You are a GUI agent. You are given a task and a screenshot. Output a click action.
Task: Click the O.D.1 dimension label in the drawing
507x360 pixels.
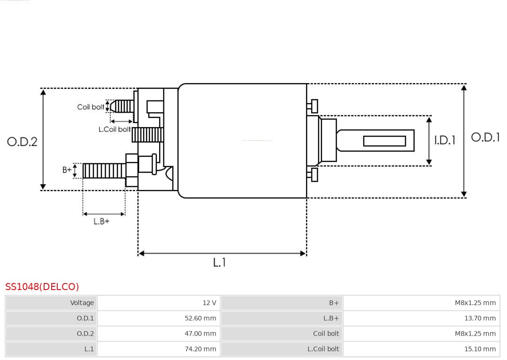click(485, 138)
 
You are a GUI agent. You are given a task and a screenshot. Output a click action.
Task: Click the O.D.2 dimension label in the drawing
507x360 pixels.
click(22, 142)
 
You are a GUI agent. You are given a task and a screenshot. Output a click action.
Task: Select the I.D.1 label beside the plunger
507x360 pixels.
click(444, 140)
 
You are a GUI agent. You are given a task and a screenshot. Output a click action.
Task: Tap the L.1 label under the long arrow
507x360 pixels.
click(219, 263)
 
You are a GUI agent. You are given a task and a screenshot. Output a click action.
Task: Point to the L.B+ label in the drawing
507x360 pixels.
click(101, 221)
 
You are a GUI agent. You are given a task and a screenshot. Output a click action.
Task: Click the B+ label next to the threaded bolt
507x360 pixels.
click(67, 170)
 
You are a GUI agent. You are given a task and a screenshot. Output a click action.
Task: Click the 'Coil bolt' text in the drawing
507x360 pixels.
click(91, 107)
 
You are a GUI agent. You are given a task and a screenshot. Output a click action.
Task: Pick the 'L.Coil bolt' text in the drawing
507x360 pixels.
click(114, 129)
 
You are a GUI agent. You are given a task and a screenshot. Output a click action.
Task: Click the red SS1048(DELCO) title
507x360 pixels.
click(42, 287)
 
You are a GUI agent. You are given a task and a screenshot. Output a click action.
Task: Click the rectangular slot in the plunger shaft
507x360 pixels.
click(384, 141)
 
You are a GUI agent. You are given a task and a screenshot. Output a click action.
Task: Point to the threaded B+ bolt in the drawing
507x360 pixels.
click(104, 171)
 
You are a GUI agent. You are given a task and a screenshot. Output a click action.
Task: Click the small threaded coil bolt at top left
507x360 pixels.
click(123, 107)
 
